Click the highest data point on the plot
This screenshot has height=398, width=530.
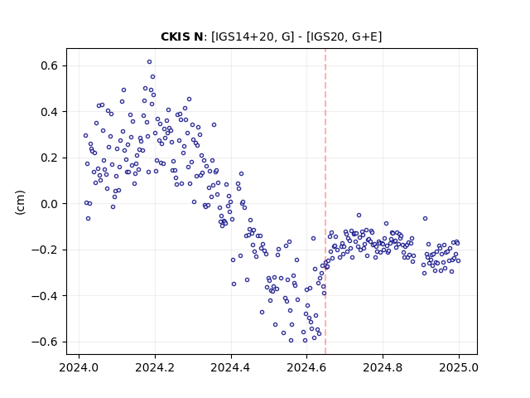tap(149, 62)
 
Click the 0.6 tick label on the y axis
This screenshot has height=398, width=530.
tap(50, 66)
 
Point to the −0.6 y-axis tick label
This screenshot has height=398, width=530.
tap(45, 342)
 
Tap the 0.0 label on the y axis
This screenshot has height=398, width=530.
tap(50, 204)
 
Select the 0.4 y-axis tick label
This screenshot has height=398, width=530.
tap(50, 112)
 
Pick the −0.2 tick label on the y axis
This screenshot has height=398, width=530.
tap(45, 250)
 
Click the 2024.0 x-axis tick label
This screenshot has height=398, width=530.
tap(79, 367)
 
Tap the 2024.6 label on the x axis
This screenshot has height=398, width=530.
tap(306, 367)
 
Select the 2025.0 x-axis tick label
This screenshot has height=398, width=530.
tap(459, 367)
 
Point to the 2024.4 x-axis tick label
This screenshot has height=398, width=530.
tap(231, 367)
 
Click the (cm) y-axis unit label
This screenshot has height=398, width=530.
tap(20, 202)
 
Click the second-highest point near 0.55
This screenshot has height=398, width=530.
tap(152, 77)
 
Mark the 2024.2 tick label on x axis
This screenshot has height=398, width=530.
tap(155, 367)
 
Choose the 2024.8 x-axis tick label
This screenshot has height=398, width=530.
tap(383, 367)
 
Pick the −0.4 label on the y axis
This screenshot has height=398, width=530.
tap(45, 296)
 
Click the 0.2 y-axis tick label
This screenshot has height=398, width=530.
tap(50, 158)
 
